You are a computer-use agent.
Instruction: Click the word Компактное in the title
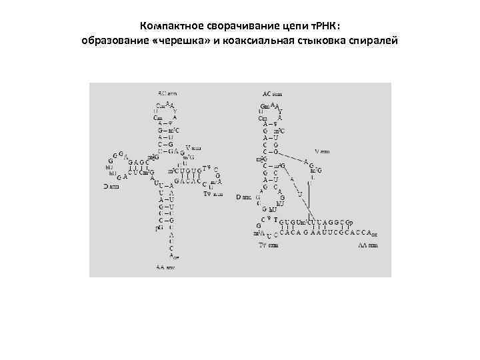(169, 26)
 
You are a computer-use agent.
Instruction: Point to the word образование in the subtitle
(112, 41)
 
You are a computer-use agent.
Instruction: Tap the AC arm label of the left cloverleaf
(167, 93)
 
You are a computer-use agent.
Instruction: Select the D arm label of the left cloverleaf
(111, 187)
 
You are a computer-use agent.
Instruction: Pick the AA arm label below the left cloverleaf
(166, 268)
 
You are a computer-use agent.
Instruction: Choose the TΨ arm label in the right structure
(268, 245)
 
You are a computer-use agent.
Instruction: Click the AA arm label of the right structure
(367, 245)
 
